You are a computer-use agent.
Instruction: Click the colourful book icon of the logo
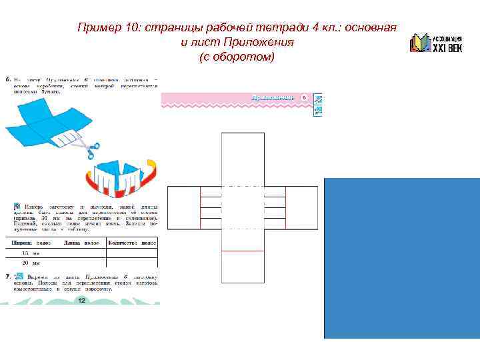pos(420,43)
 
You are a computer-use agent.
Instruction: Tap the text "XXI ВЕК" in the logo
pos(448,47)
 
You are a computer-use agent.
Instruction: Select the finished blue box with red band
pos(121,177)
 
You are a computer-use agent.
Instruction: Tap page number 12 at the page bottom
pos(81,301)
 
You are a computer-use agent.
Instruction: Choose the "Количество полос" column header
pos(133,243)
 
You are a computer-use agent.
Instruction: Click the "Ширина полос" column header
pos(32,243)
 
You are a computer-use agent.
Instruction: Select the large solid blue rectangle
pos(401,259)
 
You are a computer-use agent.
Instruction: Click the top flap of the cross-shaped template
pos(242,159)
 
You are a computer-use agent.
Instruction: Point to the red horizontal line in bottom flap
pos(242,251)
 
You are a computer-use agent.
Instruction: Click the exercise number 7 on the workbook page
pos(7,275)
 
